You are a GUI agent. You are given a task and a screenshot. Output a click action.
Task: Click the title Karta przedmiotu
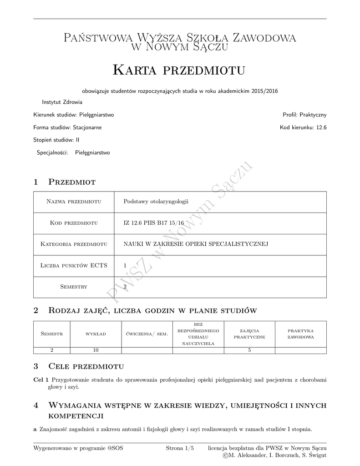pos(179,70)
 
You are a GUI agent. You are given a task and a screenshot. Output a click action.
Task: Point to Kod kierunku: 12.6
pos(303,127)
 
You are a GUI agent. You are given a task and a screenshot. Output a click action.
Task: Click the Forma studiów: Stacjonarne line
pos(67,127)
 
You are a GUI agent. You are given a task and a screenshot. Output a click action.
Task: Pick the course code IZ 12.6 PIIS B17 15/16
pos(154,223)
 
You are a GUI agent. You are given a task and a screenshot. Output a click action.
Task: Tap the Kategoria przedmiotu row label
pos(74,244)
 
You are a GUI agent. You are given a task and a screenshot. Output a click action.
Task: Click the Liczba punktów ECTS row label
pos(74,265)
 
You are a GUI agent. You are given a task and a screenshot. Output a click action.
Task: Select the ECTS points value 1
pos(125,265)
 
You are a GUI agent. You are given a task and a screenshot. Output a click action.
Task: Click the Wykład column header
pos(96,334)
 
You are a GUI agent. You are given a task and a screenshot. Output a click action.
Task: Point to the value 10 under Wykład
pos(96,350)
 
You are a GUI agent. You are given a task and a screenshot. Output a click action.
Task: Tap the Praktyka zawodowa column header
pos(300,334)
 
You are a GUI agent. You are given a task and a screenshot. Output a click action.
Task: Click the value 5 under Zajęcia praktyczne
pos(249,350)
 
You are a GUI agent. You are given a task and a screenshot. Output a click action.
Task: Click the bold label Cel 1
pos(41,380)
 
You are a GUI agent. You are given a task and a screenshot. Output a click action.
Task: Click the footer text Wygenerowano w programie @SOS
pos(78,448)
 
